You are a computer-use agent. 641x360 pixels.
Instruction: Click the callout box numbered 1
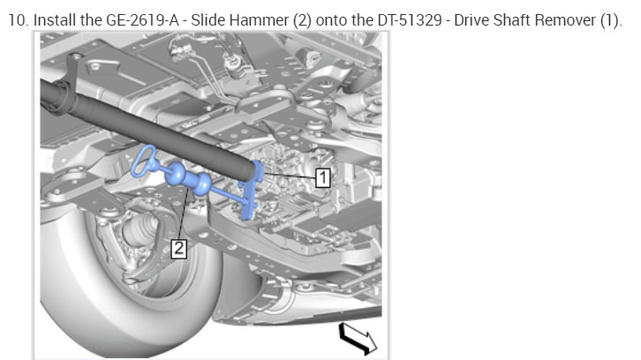[322, 177]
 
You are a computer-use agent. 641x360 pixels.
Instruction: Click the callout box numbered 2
[178, 249]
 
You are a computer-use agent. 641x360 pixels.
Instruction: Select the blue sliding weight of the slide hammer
[188, 178]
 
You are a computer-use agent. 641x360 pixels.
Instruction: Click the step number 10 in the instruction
[17, 19]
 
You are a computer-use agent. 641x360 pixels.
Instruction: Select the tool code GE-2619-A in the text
[142, 19]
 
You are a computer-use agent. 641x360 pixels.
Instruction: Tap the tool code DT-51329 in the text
[410, 19]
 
